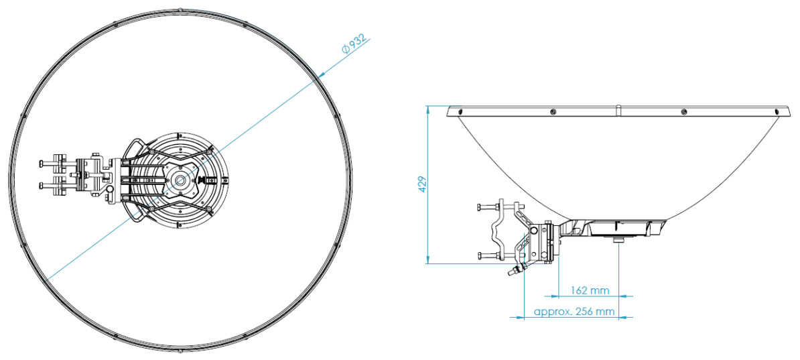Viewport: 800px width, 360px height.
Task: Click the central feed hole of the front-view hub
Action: tap(180, 180)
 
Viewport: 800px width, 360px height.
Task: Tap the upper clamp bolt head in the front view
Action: tap(41, 164)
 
